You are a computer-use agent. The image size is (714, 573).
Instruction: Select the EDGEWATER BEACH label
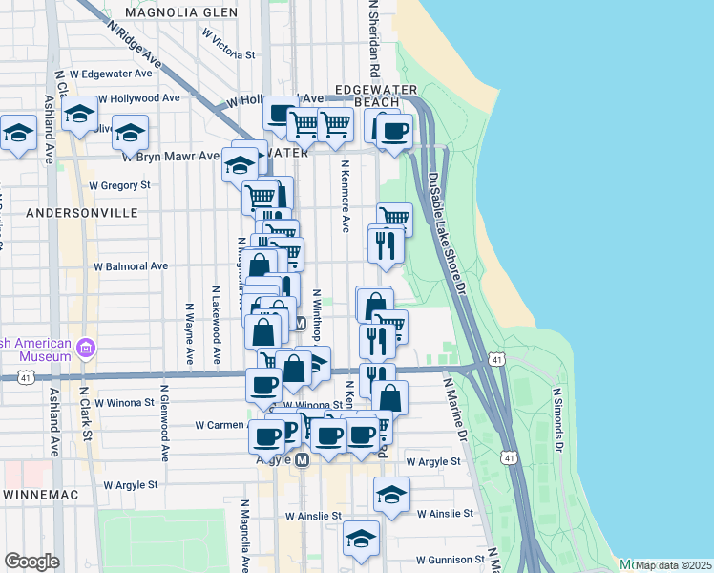click(377, 95)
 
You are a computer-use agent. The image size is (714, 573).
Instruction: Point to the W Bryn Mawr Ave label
click(180, 156)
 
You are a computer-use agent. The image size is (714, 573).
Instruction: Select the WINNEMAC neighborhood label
click(45, 494)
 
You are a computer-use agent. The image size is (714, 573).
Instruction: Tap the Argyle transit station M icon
click(303, 460)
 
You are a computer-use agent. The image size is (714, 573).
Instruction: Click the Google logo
click(31, 562)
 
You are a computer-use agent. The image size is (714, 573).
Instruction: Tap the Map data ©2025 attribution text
click(673, 565)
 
